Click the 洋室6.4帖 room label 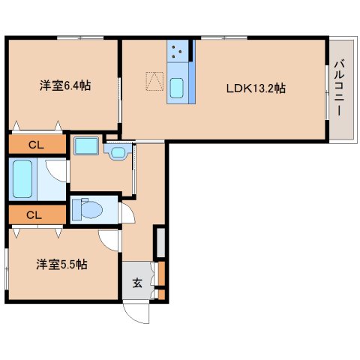pyautogui.click(x=65, y=86)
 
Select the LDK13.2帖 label pyautogui.click(x=256, y=88)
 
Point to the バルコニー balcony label pyautogui.click(x=339, y=89)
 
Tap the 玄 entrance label pyautogui.click(x=138, y=283)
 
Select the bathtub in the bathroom pyautogui.click(x=23, y=178)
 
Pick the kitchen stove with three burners pyautogui.click(x=180, y=52)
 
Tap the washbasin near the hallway pyautogui.click(x=117, y=154)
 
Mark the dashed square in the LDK pyautogui.click(x=154, y=80)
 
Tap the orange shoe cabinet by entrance pyautogui.click(x=160, y=280)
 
